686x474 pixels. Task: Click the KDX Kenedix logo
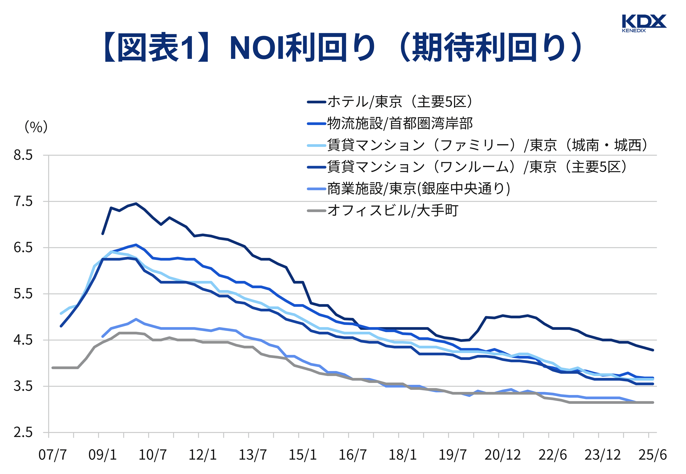pyautogui.click(x=644, y=23)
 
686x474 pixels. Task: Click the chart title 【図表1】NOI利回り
pyautogui.click(x=342, y=48)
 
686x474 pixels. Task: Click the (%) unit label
pyautogui.click(x=36, y=127)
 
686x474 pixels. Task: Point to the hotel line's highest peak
pyautogui.click(x=136, y=203)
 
